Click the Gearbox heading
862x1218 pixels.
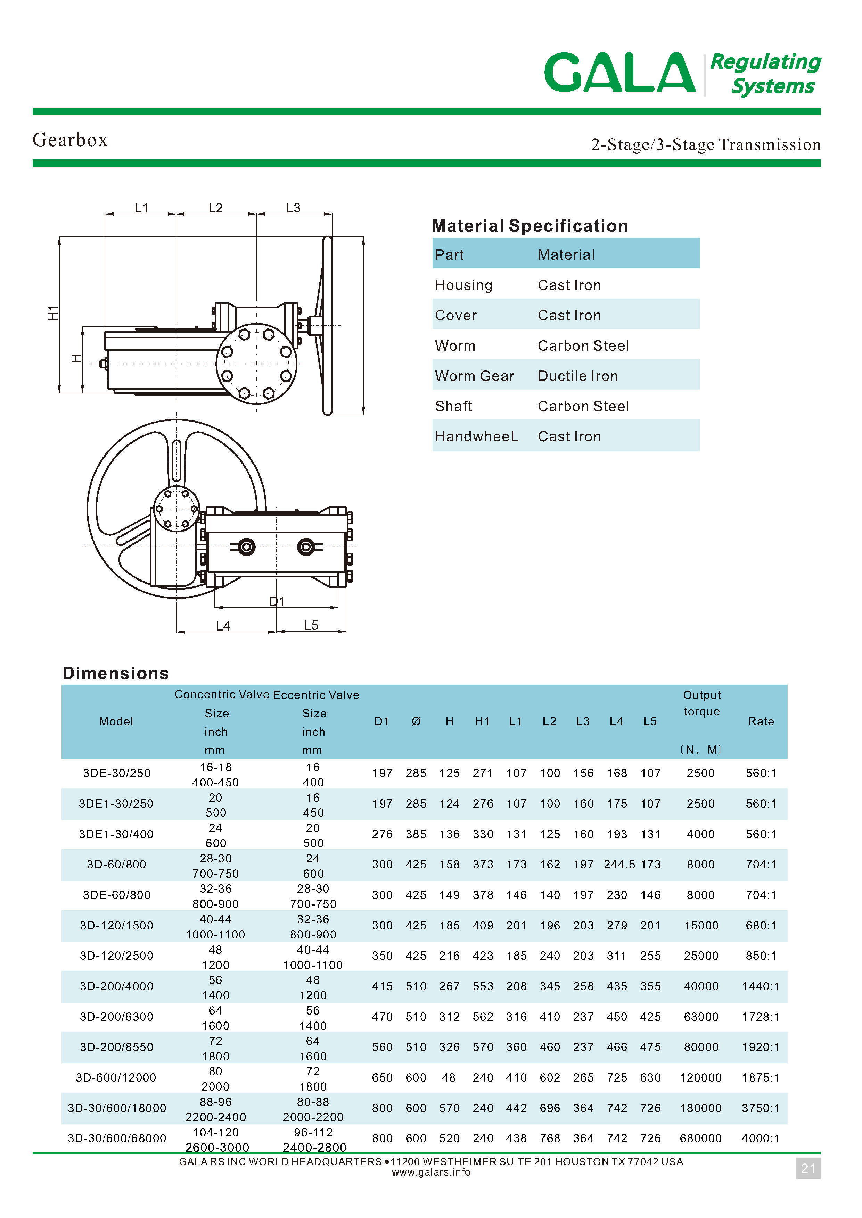(x=70, y=140)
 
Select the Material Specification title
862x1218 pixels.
(x=530, y=226)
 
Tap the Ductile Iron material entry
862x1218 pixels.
(x=577, y=376)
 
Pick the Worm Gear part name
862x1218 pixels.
(x=475, y=376)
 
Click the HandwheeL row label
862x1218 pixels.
(x=476, y=436)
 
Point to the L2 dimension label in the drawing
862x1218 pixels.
(x=215, y=208)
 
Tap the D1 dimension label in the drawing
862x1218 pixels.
(x=277, y=601)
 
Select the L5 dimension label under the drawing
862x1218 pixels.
(x=311, y=625)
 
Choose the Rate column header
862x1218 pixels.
(x=761, y=721)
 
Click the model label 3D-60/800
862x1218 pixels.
(x=116, y=865)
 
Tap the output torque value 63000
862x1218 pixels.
(x=701, y=1017)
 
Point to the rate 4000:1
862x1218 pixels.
(x=761, y=1138)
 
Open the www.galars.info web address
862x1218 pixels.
(x=431, y=1173)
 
